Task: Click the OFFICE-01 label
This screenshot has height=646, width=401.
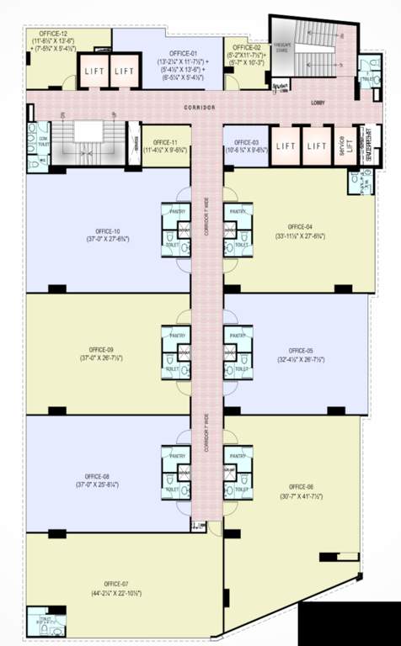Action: tap(183, 54)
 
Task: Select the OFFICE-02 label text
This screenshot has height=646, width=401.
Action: tap(247, 48)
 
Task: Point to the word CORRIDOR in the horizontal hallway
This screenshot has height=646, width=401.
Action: tap(200, 109)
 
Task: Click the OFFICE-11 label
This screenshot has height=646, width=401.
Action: tap(164, 143)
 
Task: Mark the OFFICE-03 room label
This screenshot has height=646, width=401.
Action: tap(245, 143)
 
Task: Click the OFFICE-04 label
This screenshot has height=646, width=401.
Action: tap(300, 227)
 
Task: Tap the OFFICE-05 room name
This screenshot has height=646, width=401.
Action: tap(300, 350)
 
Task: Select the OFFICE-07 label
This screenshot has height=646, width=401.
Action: tap(116, 584)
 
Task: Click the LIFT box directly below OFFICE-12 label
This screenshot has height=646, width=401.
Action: tap(94, 71)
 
